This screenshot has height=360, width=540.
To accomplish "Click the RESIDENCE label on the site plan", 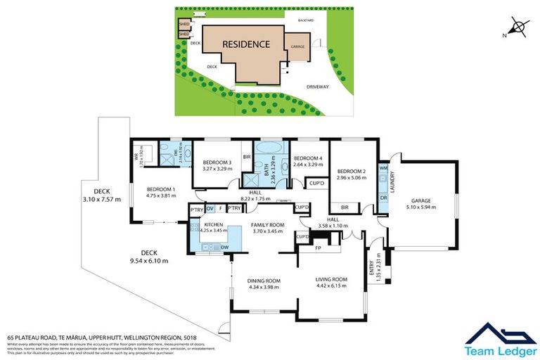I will click(246, 44).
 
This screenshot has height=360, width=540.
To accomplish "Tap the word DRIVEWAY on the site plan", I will click(317, 86).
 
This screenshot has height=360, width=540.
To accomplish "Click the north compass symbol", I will click(517, 27).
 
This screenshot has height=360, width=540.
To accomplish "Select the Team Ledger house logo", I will click(495, 333).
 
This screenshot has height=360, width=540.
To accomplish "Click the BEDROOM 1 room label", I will click(161, 189).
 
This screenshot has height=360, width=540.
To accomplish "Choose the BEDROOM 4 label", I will click(307, 158).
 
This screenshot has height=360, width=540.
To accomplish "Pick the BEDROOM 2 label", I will click(352, 172).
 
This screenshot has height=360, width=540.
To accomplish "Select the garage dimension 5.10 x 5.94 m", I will click(422, 208).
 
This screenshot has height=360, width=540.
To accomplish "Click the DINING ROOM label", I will click(263, 280).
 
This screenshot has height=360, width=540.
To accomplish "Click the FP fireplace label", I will click(318, 247).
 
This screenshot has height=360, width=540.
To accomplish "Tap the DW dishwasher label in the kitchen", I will click(225, 247).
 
